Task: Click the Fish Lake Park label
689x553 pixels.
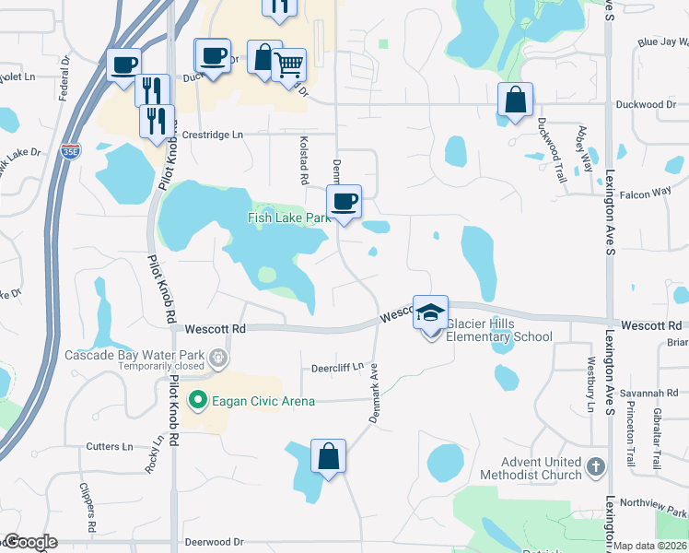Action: point(287,218)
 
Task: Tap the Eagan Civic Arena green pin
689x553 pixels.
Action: point(196,400)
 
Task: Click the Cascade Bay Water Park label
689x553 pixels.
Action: point(133,355)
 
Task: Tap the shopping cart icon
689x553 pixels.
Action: point(289,64)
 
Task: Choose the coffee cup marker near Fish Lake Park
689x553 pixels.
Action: point(344,201)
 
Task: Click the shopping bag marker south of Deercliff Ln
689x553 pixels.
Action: point(328,455)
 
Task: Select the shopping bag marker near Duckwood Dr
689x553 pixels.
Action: point(515,100)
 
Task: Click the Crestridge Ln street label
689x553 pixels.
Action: point(212,135)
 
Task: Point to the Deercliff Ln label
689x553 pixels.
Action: point(337,367)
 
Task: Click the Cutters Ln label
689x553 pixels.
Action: point(110,446)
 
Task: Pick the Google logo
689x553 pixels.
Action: point(29,543)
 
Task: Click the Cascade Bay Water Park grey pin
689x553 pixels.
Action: point(217,356)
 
